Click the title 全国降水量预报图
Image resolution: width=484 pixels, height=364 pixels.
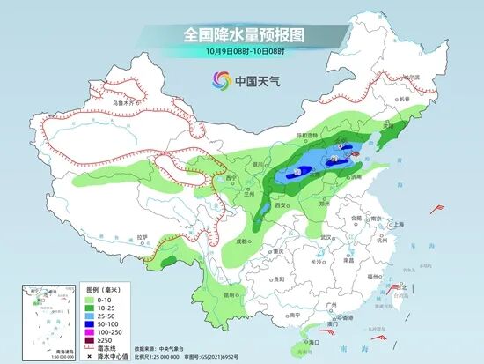click(x=242, y=35)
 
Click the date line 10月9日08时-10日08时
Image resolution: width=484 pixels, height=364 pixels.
click(x=242, y=53)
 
